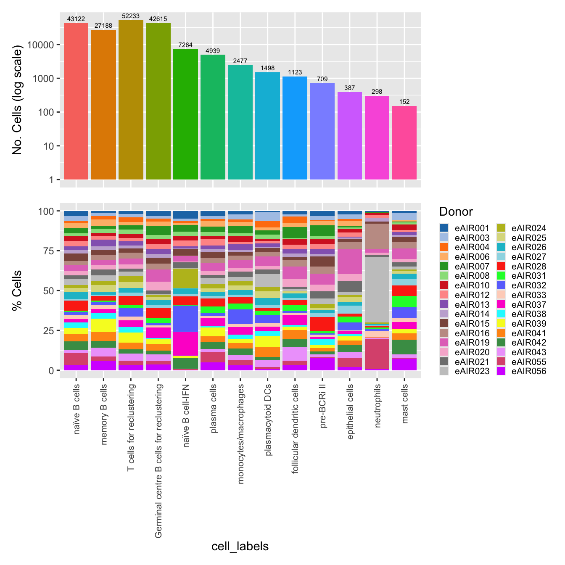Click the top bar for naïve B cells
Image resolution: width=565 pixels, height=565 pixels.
coord(76,101)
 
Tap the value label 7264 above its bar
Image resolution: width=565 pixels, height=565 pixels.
coord(185,45)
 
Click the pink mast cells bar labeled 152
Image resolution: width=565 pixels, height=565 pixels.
coord(404,143)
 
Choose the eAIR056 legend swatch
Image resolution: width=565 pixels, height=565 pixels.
coord(501,371)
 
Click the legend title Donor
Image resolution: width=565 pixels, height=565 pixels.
coord(456,211)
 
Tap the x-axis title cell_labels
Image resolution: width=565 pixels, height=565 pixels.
coord(240,546)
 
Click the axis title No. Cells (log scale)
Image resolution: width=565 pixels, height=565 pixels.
coord(17,101)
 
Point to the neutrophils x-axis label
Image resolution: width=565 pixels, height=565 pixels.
coord(378,406)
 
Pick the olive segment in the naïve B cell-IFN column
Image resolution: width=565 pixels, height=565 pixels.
coord(185,278)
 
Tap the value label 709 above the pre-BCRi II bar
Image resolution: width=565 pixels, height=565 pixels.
coord(322,79)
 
